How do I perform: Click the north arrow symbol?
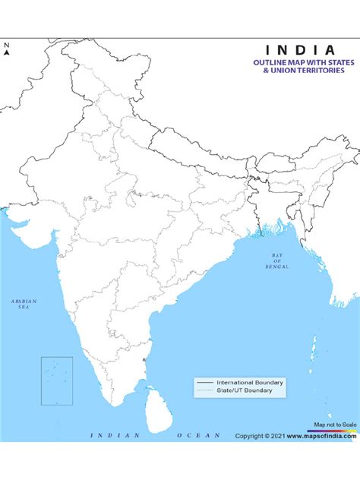tap(7, 53)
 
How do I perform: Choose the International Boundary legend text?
tap(250, 382)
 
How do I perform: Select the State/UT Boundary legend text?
tap(242, 390)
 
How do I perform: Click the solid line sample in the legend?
tap(204, 382)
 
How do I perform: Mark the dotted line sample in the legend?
tap(204, 390)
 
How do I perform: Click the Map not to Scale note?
tap(335, 425)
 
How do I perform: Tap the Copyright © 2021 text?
tap(258, 436)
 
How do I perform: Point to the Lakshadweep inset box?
tap(57, 381)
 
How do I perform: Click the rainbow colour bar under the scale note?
tap(335, 430)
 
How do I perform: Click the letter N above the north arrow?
tap(7, 45)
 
